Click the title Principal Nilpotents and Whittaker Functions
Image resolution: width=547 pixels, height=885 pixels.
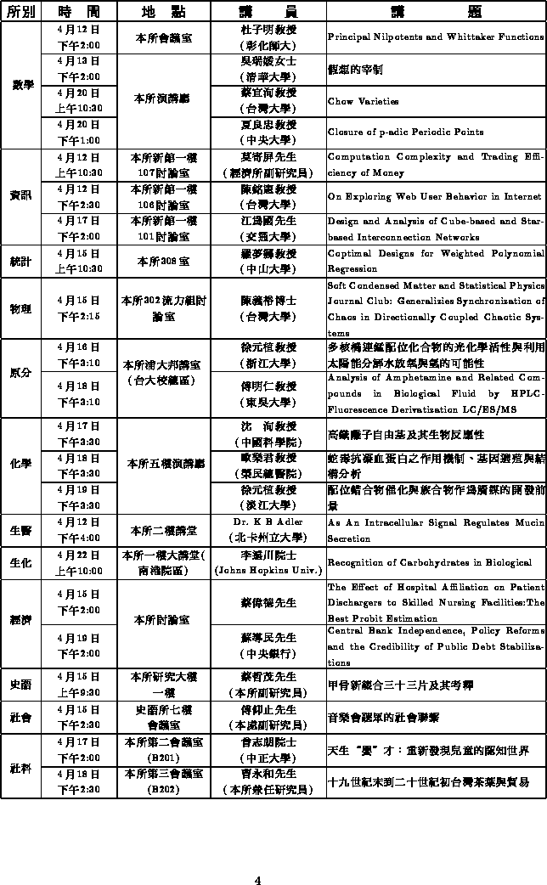pyautogui.click(x=435, y=37)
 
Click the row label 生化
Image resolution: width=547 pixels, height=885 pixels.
pyautogui.click(x=21, y=562)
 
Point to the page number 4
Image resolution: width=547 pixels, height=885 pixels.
pyautogui.click(x=257, y=856)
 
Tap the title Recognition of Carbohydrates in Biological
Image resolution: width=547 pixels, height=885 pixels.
pyautogui.click(x=429, y=562)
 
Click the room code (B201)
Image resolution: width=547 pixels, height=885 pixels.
pyautogui.click(x=163, y=757)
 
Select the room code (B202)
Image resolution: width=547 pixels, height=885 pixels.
pyautogui.click(x=163, y=789)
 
